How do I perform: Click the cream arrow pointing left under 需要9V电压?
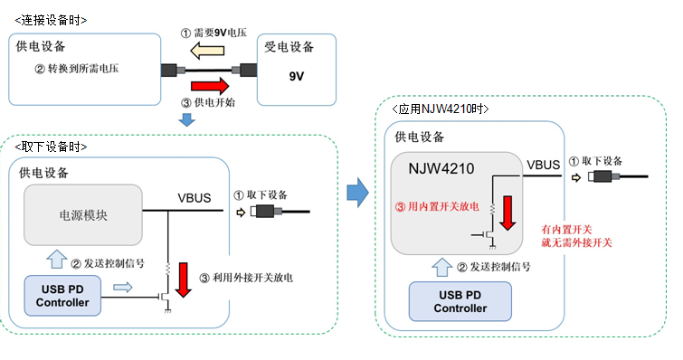point(207,51)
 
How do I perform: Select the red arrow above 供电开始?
point(210,86)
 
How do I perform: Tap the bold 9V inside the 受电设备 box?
point(296,77)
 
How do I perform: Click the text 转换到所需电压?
point(83,69)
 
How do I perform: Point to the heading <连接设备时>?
point(51,20)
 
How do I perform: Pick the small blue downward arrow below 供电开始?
point(187,119)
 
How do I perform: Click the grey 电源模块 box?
point(82,215)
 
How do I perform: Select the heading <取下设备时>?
point(51,147)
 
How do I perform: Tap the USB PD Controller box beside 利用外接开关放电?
point(62,296)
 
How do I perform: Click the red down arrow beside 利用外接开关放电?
point(184,279)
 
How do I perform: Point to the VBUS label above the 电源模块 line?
point(194,198)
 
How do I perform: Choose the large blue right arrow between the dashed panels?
point(357,192)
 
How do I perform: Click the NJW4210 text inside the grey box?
point(441,168)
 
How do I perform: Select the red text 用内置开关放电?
point(443,206)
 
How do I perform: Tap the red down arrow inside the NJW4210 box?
point(508,213)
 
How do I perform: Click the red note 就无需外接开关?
point(577,242)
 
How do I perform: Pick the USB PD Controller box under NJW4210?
point(460,302)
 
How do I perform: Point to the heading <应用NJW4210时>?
point(440,109)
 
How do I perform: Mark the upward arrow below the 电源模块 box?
point(56,259)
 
